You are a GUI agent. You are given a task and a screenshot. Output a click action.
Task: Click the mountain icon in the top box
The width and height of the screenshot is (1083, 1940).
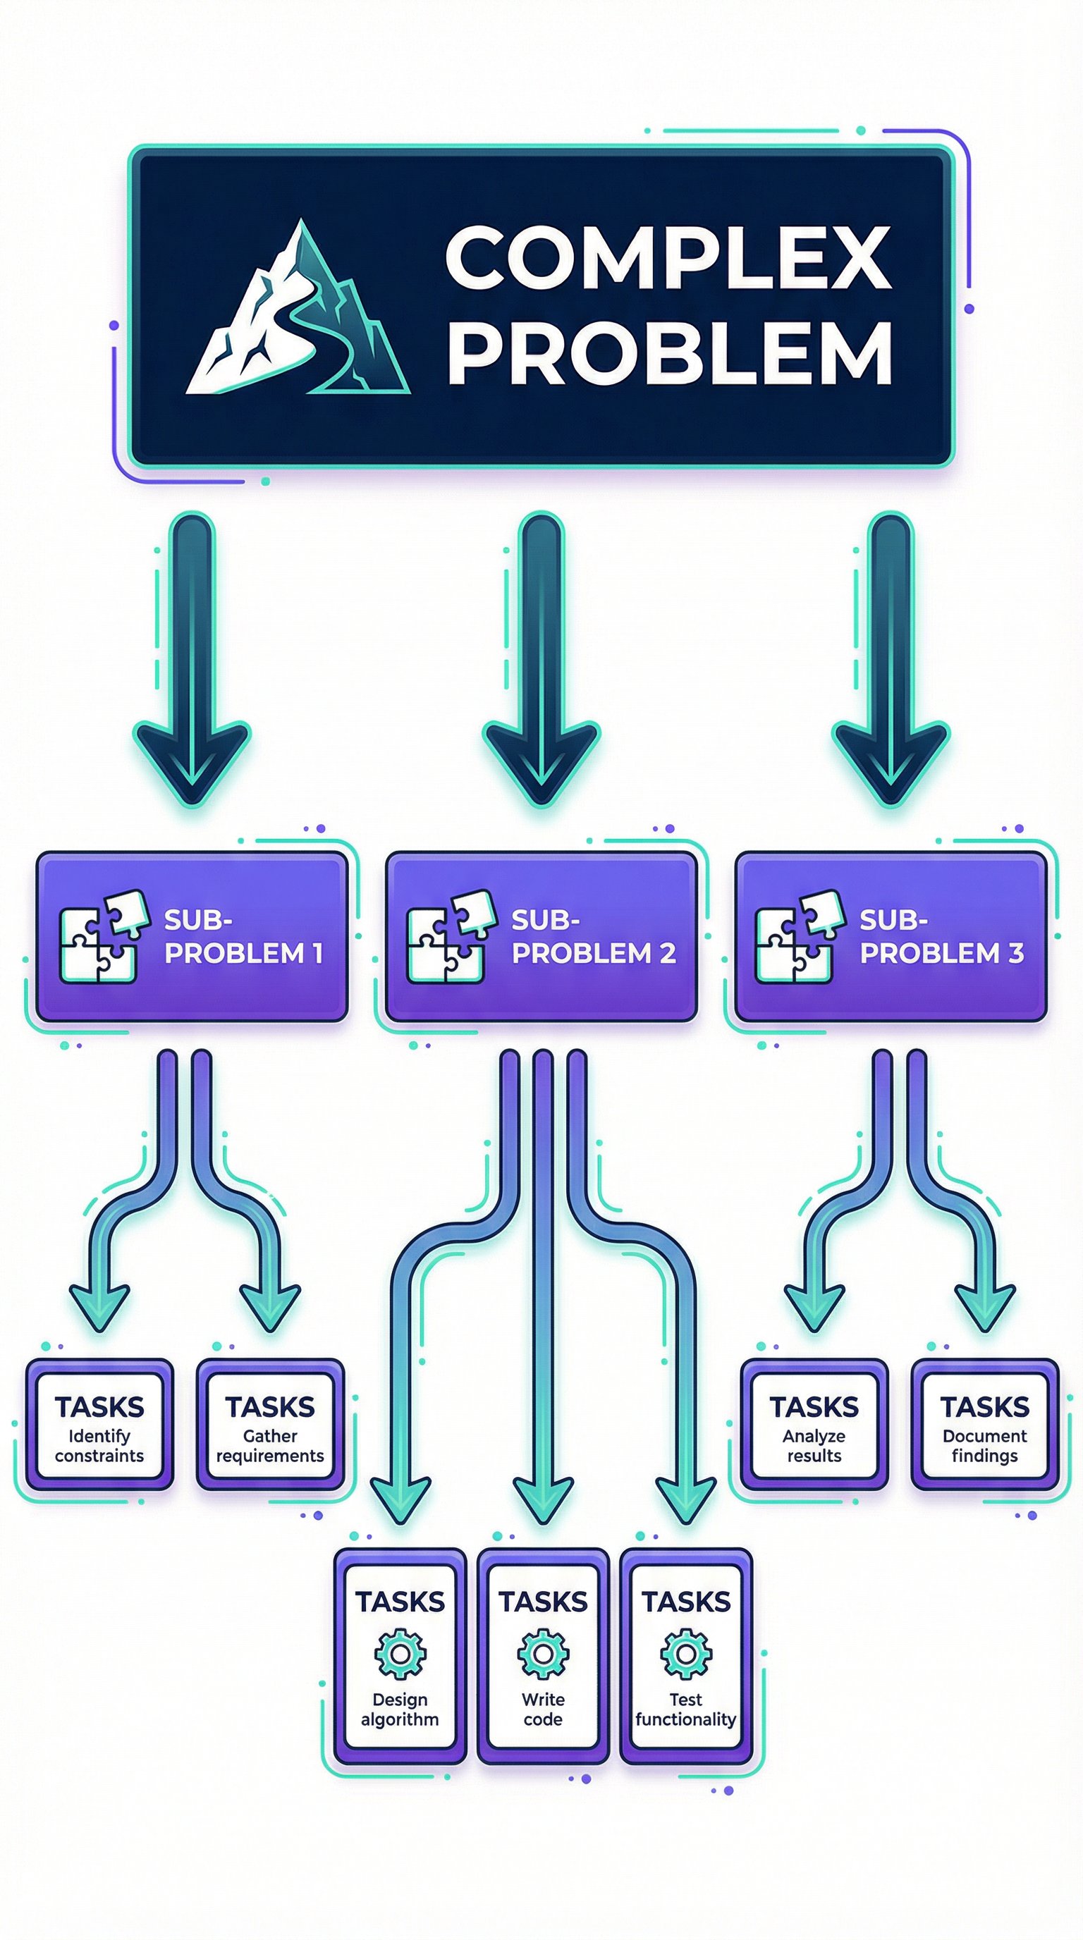point(298,312)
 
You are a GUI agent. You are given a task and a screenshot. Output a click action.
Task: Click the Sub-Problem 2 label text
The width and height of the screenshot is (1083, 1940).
point(593,937)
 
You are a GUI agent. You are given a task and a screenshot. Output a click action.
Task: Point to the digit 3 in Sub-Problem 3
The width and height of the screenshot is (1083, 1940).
point(1015,953)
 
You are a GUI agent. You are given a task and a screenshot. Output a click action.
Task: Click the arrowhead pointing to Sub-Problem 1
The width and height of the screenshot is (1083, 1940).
point(191,761)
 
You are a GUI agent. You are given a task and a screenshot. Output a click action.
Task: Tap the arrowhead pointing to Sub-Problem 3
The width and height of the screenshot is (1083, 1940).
point(891,761)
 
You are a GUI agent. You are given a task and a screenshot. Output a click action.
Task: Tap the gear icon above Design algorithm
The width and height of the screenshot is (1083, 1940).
point(400,1654)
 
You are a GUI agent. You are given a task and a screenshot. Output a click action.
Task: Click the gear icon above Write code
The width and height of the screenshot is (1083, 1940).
point(542,1654)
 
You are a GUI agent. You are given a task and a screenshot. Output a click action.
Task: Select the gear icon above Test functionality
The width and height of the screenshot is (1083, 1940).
point(685,1654)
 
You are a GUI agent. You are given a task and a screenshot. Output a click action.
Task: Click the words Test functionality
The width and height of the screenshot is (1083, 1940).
point(685,1710)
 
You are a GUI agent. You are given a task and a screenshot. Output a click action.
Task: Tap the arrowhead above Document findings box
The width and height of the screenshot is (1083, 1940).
point(984,1307)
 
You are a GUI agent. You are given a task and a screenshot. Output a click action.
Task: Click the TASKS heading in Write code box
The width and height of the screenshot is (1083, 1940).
point(542,1602)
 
